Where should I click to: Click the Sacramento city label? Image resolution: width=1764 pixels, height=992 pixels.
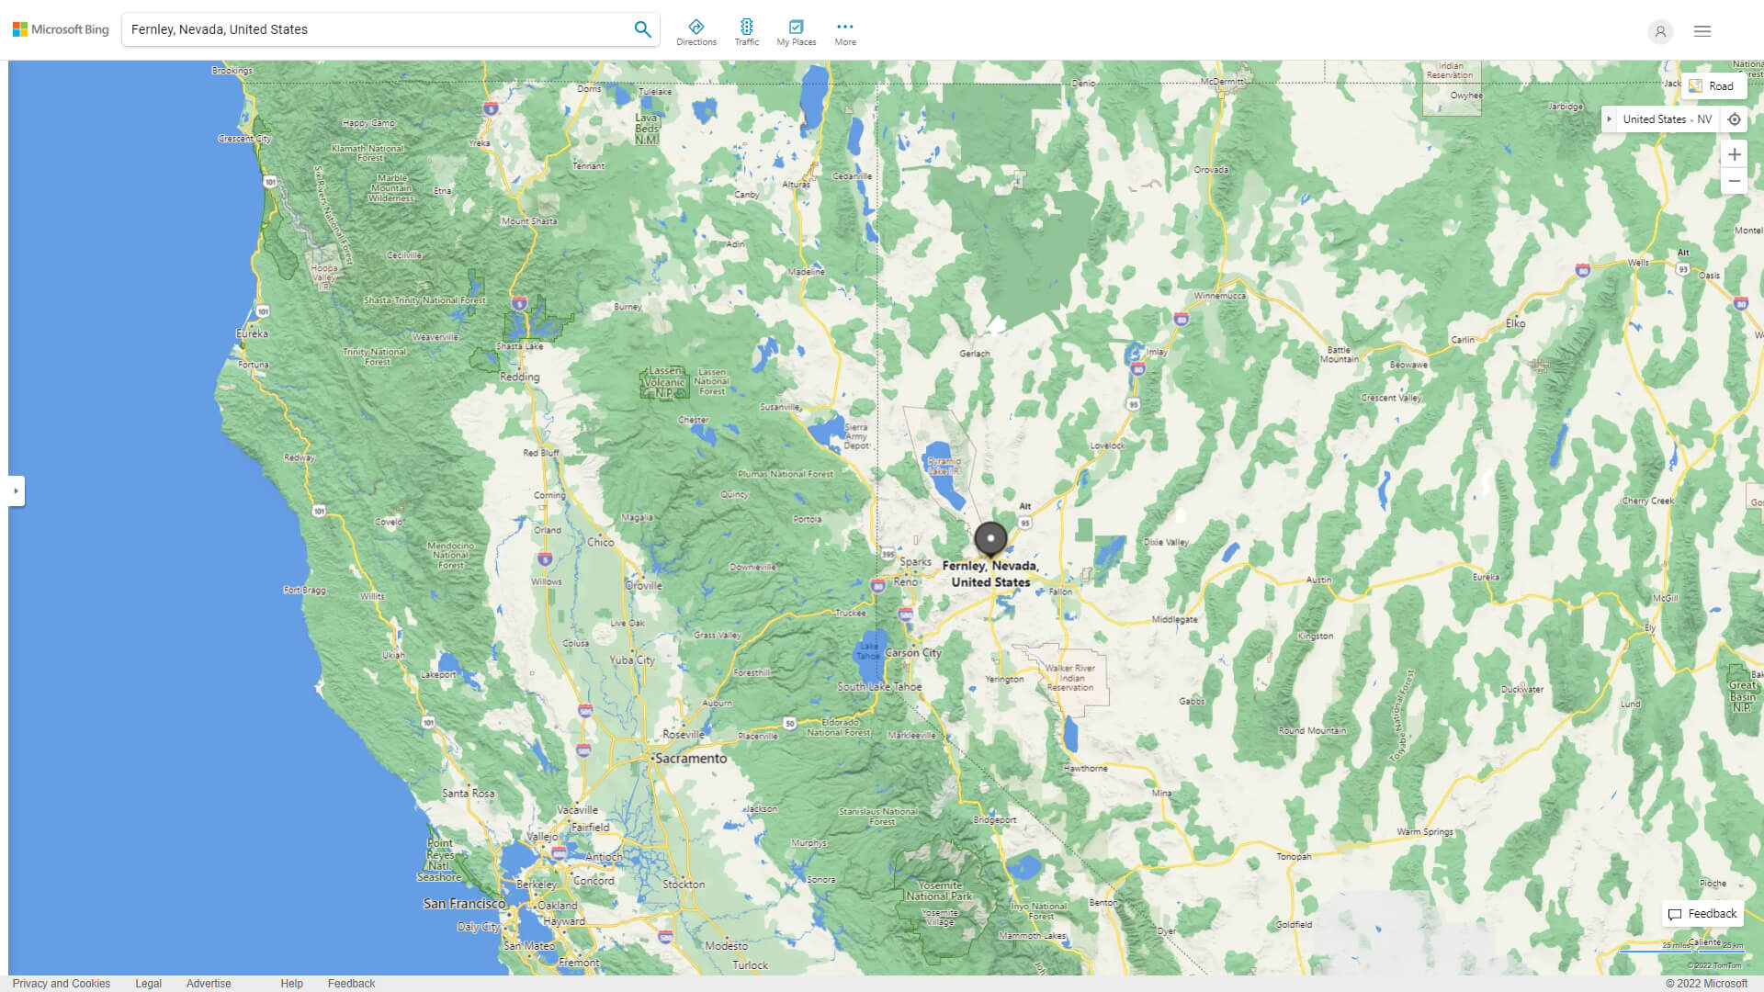(x=691, y=759)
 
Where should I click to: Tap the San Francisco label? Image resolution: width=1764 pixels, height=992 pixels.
(x=464, y=904)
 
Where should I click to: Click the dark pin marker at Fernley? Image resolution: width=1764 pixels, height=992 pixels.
(x=990, y=539)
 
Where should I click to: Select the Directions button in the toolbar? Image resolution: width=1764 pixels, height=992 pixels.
(x=696, y=32)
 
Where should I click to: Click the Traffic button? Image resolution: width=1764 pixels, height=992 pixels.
(x=747, y=32)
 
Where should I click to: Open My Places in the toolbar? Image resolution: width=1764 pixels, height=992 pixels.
(x=796, y=32)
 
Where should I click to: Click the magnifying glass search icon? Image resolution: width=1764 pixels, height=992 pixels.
(x=642, y=29)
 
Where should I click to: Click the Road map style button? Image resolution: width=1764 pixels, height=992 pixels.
(x=1713, y=86)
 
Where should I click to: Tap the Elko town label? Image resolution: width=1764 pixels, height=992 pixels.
(x=1515, y=323)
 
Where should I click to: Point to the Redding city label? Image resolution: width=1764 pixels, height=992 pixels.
(x=520, y=378)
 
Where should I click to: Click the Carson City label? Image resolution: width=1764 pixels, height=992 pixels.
(x=913, y=653)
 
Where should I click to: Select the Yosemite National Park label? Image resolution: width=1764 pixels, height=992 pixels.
(x=939, y=891)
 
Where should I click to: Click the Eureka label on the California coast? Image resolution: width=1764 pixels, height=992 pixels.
(x=252, y=334)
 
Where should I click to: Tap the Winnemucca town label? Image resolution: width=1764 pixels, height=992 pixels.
(x=1220, y=296)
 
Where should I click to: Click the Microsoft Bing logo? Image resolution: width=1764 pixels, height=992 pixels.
(x=61, y=29)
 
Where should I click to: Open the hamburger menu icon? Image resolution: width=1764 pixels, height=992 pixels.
(x=1702, y=31)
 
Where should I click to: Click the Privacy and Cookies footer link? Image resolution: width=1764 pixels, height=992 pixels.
(x=62, y=984)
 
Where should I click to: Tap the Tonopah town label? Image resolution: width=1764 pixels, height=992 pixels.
(x=1294, y=857)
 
